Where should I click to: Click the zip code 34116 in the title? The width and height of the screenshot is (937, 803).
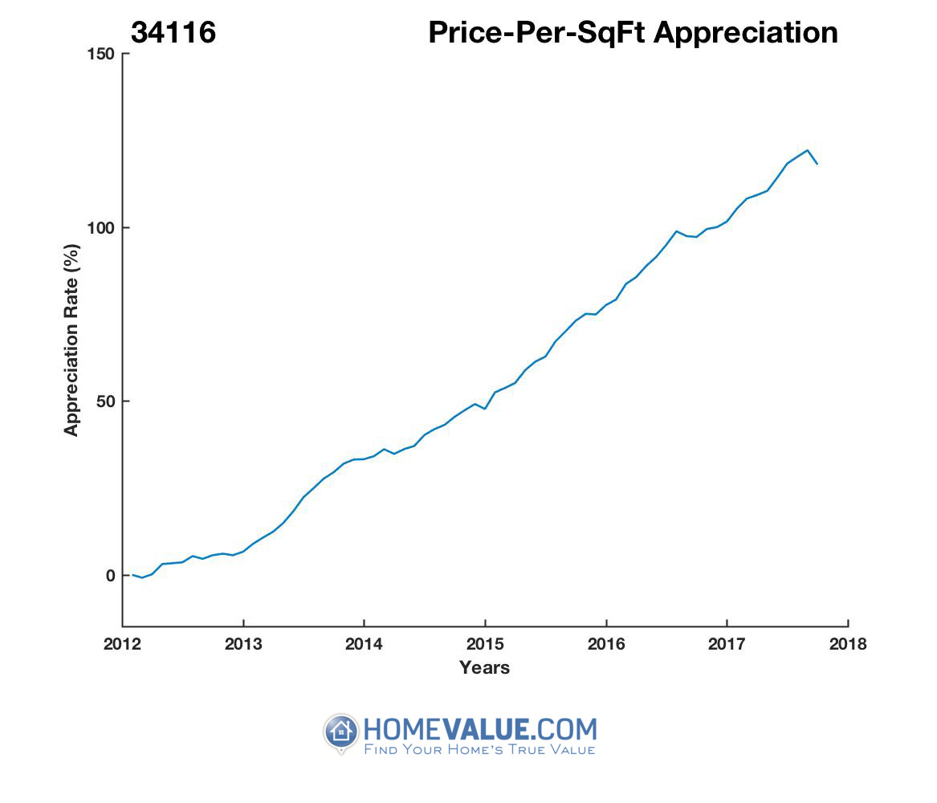tap(174, 32)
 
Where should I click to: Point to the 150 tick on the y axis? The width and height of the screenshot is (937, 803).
tap(103, 54)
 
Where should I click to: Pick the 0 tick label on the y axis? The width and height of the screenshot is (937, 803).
tap(111, 576)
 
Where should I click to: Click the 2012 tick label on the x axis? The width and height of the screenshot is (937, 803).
tap(123, 644)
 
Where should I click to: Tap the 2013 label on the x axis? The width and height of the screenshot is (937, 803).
tap(243, 644)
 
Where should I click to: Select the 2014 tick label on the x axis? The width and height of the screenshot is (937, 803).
tap(365, 644)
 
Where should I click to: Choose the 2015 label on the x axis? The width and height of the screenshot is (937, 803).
tap(485, 644)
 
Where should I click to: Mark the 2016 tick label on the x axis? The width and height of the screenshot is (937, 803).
tap(606, 644)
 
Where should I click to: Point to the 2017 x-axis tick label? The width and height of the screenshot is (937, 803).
tap(727, 644)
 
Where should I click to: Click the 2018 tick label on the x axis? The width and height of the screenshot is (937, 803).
tap(848, 644)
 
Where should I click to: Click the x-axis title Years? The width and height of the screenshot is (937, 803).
tap(484, 667)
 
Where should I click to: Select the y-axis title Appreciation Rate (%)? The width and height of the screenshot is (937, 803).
tap(71, 341)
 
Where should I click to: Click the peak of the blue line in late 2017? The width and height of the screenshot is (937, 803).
tap(807, 150)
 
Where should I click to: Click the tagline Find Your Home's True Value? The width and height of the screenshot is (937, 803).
tap(479, 750)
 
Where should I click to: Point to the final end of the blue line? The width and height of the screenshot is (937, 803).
tap(817, 164)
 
